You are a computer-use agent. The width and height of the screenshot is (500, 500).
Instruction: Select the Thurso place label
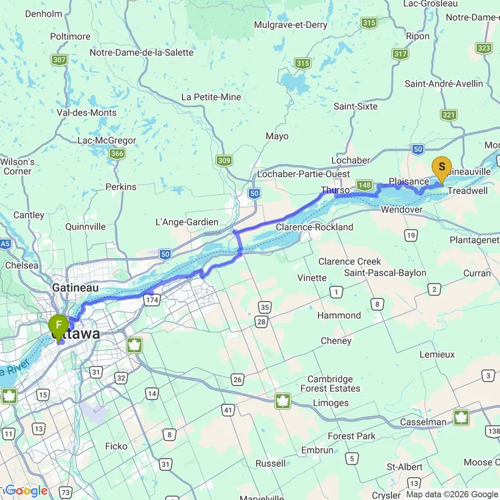[x=335, y=190]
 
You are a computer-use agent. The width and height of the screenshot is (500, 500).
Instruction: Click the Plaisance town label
[x=408, y=181]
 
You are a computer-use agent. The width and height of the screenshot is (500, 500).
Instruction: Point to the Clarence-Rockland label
[x=315, y=227]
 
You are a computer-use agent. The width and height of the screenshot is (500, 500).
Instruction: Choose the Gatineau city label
[x=75, y=288]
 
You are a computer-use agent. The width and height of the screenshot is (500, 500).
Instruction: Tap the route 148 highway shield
[x=364, y=185]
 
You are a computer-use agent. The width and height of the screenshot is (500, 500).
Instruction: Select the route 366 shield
[x=117, y=154]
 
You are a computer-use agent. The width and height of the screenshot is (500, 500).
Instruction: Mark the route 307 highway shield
[x=60, y=60]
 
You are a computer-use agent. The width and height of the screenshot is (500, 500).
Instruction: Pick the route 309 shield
[x=223, y=161]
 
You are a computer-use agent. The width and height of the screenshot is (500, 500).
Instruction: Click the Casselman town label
[x=423, y=422]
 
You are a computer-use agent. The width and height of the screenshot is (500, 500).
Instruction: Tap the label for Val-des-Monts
[x=87, y=113]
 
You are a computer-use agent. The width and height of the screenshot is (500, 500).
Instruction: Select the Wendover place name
[x=401, y=210]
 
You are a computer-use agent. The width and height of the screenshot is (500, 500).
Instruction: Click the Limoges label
[x=331, y=403]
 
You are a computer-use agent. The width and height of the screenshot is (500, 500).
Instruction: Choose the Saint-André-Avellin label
[x=443, y=84]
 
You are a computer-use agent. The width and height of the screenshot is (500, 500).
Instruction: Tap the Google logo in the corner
[x=25, y=491]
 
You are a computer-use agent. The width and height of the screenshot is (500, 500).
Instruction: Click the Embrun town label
[x=317, y=451]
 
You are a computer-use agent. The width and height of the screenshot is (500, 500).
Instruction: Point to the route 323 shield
[x=484, y=48]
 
